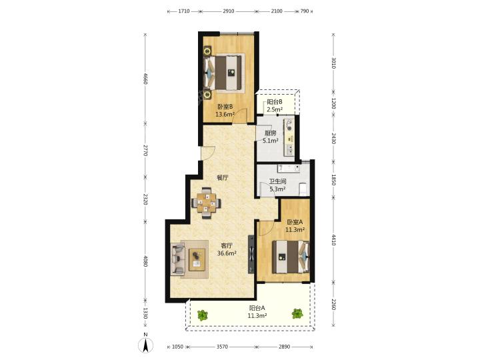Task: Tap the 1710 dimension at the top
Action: click(x=184, y=11)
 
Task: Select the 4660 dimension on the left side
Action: click(x=145, y=79)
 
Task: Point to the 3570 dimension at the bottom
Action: click(x=222, y=347)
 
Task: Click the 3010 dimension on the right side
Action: click(x=334, y=63)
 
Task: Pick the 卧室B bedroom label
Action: click(x=225, y=107)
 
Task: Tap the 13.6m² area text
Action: click(x=225, y=115)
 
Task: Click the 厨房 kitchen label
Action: click(x=270, y=133)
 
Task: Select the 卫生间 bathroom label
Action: click(x=277, y=181)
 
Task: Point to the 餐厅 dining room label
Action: click(x=223, y=178)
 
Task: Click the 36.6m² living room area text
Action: click(x=227, y=253)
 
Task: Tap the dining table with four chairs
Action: click(x=206, y=203)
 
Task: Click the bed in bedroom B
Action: click(x=225, y=73)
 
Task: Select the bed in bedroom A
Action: click(x=291, y=257)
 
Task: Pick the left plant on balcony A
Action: click(x=202, y=315)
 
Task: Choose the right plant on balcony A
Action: click(x=297, y=313)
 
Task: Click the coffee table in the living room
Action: click(x=197, y=259)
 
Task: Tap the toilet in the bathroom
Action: click(x=303, y=188)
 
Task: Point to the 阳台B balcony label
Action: click(x=274, y=101)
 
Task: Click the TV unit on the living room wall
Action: click(x=251, y=254)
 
